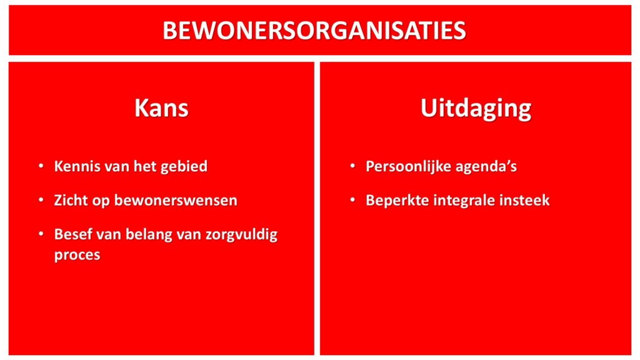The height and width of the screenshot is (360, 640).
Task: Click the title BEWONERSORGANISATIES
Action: coord(314,31)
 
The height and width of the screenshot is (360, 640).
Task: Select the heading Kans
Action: coord(162,108)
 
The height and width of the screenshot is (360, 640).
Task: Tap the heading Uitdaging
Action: coord(476,109)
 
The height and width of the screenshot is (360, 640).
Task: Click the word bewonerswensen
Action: coord(176,201)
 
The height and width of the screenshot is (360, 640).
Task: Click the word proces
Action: coord(77,256)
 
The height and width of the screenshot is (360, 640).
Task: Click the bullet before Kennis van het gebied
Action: coord(41,166)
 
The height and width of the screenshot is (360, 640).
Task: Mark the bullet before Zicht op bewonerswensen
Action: coord(41,200)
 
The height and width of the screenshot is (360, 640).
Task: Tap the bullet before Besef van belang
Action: coord(41,234)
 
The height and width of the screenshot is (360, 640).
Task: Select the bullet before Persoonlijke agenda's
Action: coord(352,166)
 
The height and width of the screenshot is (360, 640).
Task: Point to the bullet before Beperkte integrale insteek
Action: coord(352,200)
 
